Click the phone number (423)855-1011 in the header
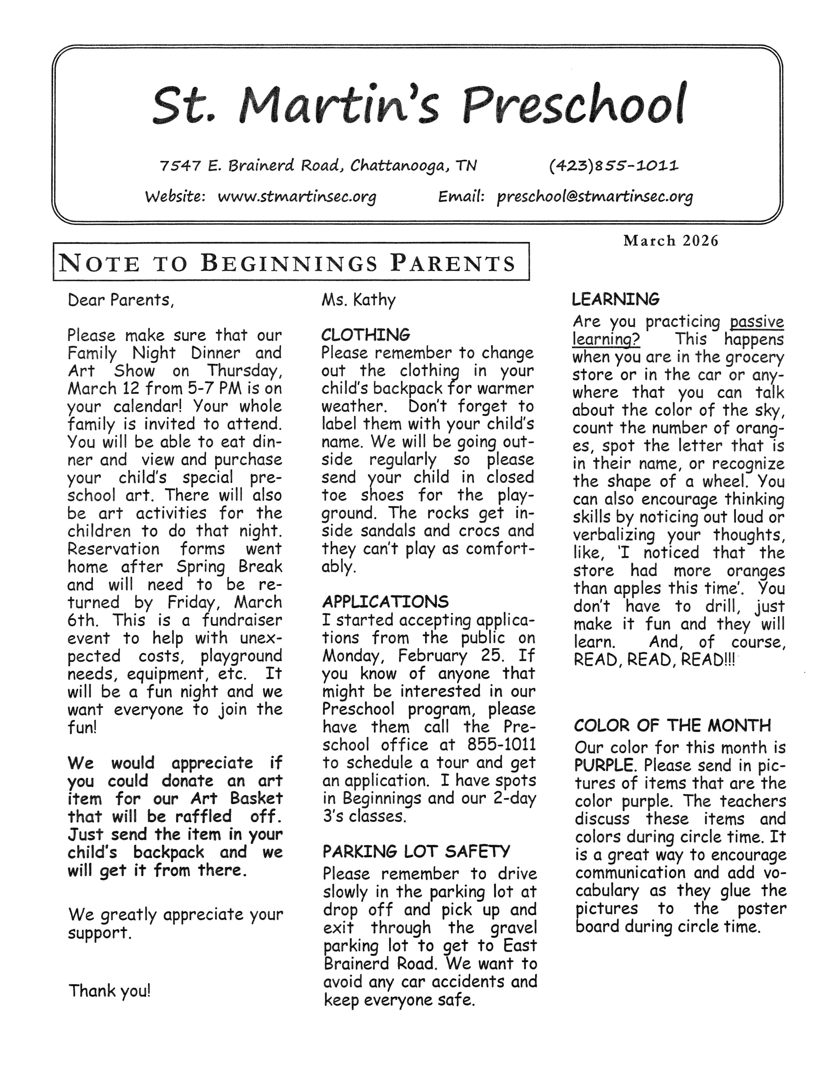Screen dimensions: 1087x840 coord(613,165)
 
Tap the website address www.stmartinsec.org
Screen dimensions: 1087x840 coord(297,197)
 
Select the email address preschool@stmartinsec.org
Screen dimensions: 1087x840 coord(595,197)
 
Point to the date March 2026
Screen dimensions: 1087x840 coord(671,241)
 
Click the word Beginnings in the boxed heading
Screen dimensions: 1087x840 coord(289,263)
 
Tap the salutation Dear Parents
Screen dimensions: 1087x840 coord(121,300)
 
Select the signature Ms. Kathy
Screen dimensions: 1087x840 coord(358,300)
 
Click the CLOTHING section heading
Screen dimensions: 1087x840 coord(366,334)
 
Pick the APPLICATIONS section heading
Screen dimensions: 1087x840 coord(385,602)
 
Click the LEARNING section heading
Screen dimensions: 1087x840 coord(616,300)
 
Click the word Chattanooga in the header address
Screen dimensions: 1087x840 coord(398,165)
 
